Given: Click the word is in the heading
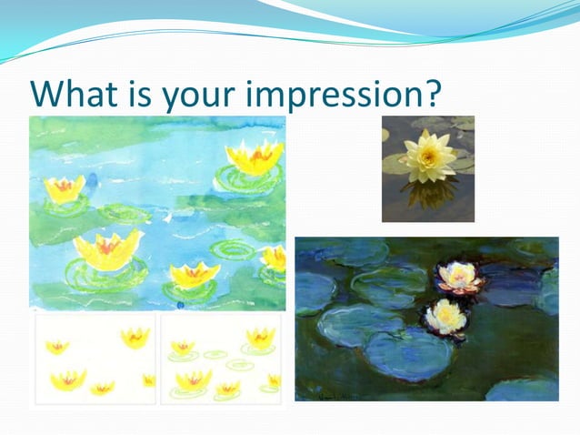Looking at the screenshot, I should point(146,93).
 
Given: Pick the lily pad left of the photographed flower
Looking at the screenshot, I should point(395,164).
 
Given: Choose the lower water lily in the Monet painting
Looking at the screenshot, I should point(445,316).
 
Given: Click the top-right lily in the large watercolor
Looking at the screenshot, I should point(255,158).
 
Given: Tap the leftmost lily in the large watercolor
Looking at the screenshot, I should point(64,188).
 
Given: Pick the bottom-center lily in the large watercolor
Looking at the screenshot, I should point(195,273).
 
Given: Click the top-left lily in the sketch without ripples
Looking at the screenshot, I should point(57,347).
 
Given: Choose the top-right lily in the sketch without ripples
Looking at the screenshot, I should point(135,338).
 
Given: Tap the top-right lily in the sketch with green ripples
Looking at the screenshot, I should point(260,337).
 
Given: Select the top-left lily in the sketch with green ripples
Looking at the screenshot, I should point(184,347).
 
